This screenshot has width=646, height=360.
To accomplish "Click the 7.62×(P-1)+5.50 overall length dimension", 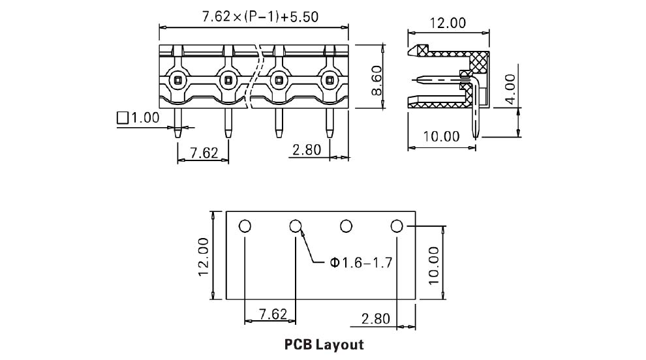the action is pos(260,17).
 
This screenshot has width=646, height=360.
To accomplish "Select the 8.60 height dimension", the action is pos(377,80).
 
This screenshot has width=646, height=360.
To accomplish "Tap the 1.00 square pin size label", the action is pos(144,118).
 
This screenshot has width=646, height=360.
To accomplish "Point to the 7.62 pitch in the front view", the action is pos(204,153).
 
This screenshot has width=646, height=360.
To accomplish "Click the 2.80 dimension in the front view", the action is pos(307,149).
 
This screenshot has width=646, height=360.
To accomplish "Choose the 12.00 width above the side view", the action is pos(448,23).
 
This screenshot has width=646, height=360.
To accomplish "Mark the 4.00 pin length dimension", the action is pos(510,89).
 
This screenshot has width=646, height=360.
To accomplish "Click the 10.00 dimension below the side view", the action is pos(441,136).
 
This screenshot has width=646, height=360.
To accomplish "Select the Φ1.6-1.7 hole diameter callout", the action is pos(361,262).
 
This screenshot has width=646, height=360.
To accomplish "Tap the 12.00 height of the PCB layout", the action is pos(204,256).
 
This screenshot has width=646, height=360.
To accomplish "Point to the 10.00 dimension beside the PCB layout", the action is pos(433,265).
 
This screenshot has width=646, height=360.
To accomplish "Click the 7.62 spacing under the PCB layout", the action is pos(273,314).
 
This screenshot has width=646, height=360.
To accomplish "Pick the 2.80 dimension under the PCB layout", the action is pos(375,318).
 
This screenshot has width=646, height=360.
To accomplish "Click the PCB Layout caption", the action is pos(324,344).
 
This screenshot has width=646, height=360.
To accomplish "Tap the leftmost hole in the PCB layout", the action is pos(245,226).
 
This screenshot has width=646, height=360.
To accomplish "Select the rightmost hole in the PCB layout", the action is pos(397,226).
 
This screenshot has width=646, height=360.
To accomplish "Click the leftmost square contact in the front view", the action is pos(177,80).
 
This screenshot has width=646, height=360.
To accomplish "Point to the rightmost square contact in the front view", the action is pos(329,80).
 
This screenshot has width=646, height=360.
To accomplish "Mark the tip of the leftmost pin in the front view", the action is pos(177,138).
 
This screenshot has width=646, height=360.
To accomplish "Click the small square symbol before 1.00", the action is pos(123,118).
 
